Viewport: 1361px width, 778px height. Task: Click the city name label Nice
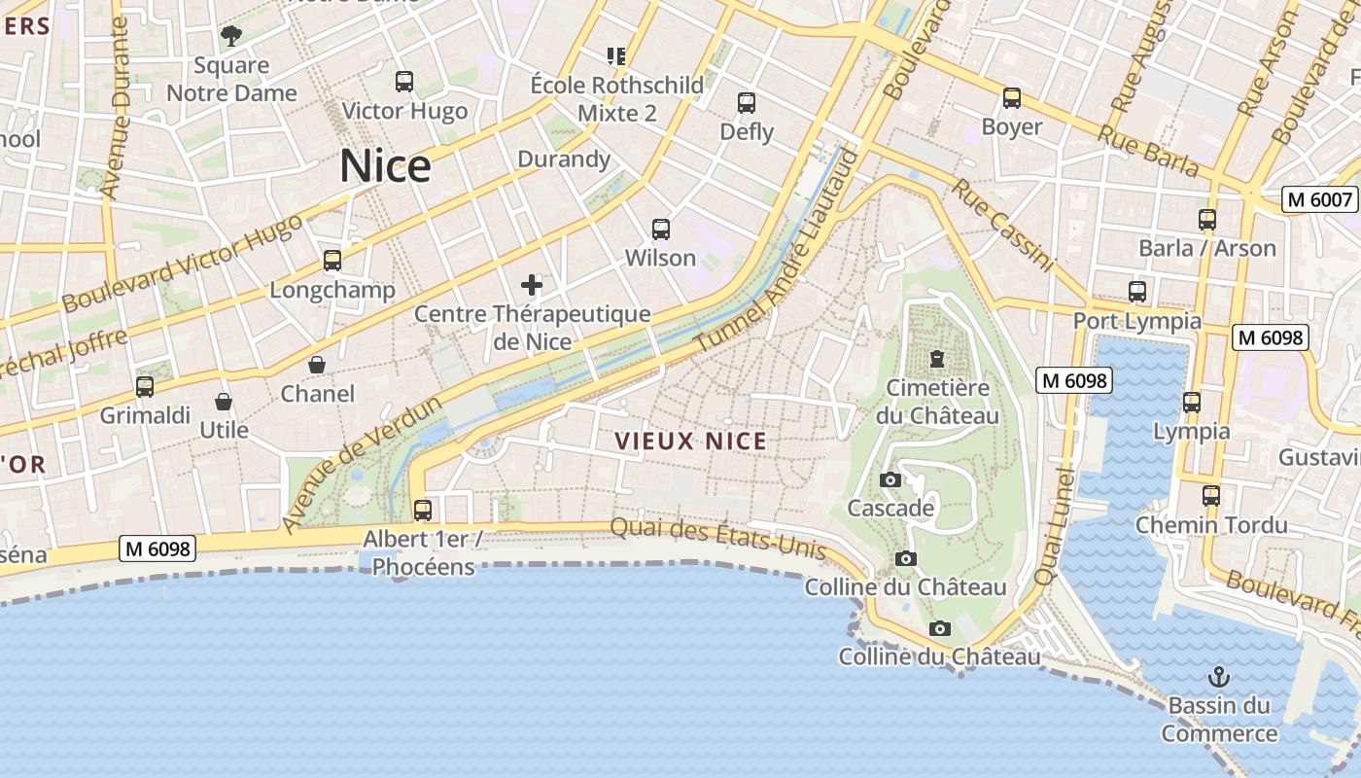385,166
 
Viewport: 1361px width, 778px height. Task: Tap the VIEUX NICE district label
691,442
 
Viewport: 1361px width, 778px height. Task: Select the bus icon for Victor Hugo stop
404,82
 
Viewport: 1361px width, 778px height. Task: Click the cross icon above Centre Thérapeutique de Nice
532,285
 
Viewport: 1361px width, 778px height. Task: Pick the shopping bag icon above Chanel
317,365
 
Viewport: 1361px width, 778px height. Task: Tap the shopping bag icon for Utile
224,402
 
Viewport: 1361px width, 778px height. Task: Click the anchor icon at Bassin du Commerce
1218,676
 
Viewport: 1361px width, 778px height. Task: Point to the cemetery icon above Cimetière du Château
937,359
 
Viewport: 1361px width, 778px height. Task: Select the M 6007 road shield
1319,199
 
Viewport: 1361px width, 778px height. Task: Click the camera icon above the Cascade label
890,479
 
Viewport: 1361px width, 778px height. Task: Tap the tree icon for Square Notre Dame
231,37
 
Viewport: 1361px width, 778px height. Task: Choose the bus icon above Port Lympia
1136,291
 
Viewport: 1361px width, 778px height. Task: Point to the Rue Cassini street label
1002,225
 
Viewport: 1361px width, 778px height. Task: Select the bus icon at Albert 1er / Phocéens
423,511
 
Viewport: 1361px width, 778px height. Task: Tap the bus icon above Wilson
661,230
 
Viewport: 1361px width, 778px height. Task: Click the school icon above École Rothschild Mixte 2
616,56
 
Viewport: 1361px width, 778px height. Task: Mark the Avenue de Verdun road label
362,464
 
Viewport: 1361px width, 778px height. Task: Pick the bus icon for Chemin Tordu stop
1211,496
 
